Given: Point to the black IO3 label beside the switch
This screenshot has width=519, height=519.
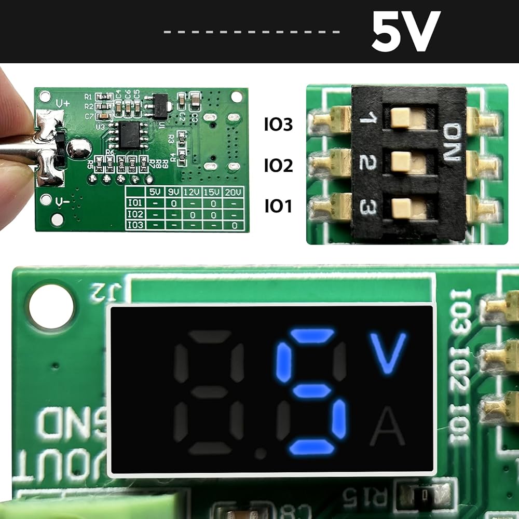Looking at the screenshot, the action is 278,125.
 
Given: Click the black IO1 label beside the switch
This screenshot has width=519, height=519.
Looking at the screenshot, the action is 278,207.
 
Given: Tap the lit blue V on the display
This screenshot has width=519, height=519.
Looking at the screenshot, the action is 387,353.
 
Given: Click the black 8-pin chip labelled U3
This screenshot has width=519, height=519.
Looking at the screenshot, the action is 130,134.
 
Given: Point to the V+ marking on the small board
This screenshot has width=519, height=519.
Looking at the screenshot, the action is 62,103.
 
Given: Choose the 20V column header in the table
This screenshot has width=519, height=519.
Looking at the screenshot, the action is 233,192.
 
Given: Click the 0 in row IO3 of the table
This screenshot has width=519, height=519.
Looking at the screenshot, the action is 234,225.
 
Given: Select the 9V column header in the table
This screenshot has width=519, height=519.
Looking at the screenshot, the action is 173,192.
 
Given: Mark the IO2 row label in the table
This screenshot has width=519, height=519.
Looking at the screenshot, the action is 135,214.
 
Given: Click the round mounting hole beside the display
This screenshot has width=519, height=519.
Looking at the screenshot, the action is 51,307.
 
